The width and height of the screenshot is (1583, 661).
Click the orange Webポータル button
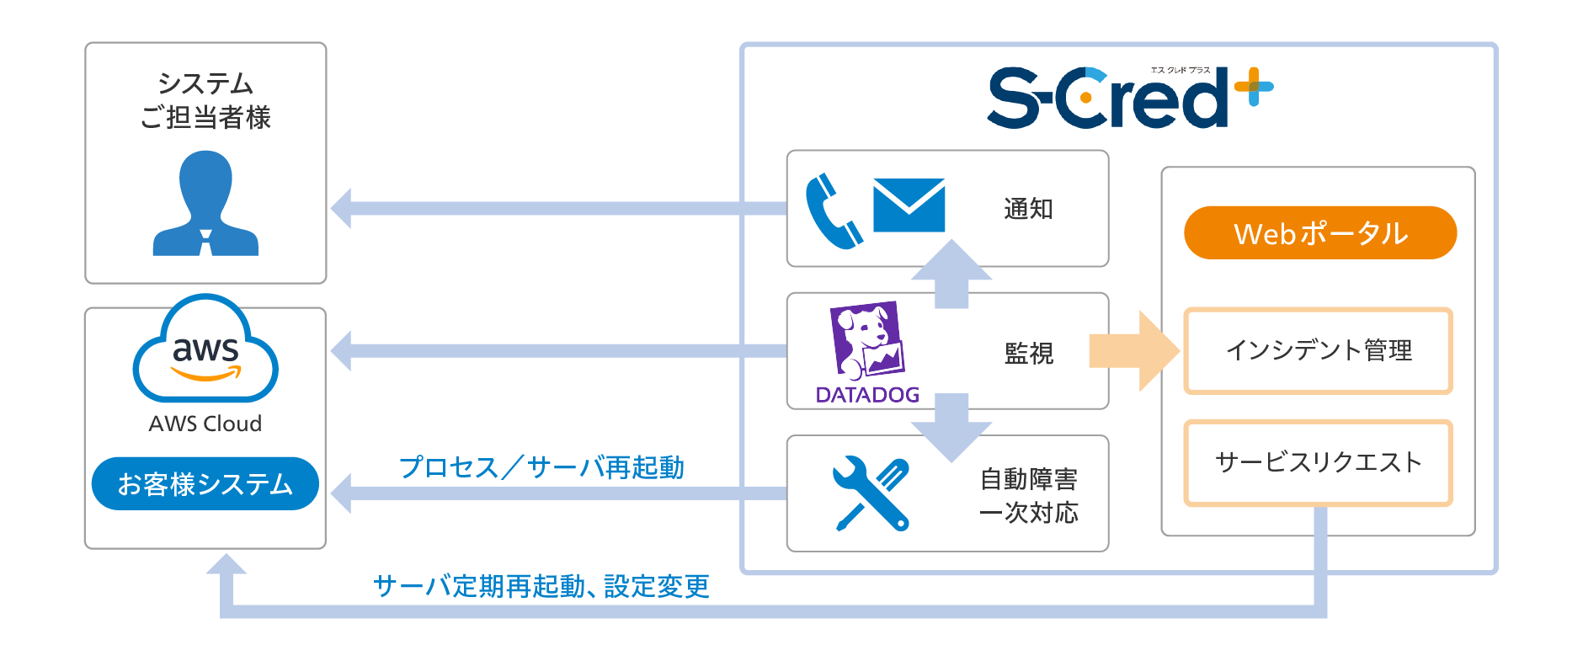pyautogui.click(x=1319, y=233)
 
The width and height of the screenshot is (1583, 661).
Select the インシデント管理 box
pyautogui.click(x=1318, y=350)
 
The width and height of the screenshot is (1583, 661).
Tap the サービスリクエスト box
pyautogui.click(x=1318, y=462)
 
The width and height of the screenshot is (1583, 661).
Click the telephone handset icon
pyautogui.click(x=833, y=211)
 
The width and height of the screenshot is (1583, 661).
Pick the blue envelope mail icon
pyautogui.click(x=909, y=205)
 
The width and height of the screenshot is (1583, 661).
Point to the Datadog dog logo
pyautogui.click(x=866, y=342)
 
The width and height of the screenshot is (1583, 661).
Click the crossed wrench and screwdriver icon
pyautogui.click(x=870, y=493)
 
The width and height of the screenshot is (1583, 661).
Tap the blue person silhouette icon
pyautogui.click(x=205, y=204)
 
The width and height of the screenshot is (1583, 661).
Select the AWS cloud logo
pyautogui.click(x=205, y=349)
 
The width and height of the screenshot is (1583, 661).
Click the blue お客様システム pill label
pyautogui.click(x=205, y=484)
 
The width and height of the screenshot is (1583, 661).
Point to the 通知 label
pyautogui.click(x=1028, y=209)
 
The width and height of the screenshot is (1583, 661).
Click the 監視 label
pyautogui.click(x=1028, y=353)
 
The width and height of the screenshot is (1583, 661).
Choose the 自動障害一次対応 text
pyautogui.click(x=1028, y=496)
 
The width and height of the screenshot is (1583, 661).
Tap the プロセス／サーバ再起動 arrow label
pyautogui.click(x=541, y=467)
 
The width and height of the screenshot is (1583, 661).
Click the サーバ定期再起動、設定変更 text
pyautogui.click(x=541, y=586)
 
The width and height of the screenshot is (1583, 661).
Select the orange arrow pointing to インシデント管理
pyautogui.click(x=1133, y=350)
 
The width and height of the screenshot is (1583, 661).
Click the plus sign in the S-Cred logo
pyautogui.click(x=1254, y=87)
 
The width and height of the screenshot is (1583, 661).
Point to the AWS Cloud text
pyautogui.click(x=205, y=424)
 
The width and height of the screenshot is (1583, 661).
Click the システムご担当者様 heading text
pyautogui.click(x=205, y=100)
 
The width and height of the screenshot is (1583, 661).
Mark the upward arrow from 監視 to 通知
pyautogui.click(x=951, y=275)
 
